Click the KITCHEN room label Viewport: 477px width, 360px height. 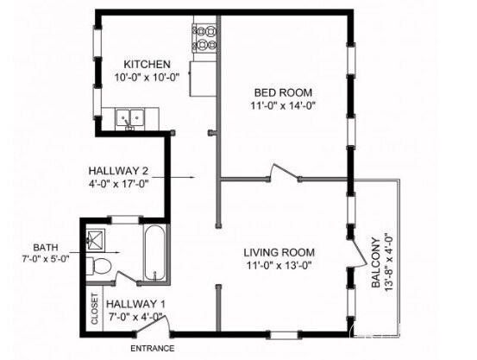pyautogui.click(x=147, y=65)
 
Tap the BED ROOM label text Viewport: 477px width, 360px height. pyautogui.click(x=283, y=92)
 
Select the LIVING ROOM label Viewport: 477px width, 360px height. pyautogui.click(x=279, y=252)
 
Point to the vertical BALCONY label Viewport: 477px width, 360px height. pyautogui.click(x=376, y=262)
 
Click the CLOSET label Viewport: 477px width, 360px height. pyautogui.click(x=95, y=309)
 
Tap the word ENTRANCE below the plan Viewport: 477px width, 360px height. pyautogui.click(x=153, y=349)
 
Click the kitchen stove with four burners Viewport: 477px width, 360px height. pyautogui.click(x=204, y=39)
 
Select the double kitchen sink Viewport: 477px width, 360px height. pyautogui.click(x=129, y=118)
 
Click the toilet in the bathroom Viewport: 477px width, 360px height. pyautogui.click(x=98, y=267)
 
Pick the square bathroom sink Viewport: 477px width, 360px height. pyautogui.click(x=95, y=240)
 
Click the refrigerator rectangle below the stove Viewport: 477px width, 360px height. pyautogui.click(x=204, y=79)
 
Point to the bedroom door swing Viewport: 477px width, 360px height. pyautogui.click(x=284, y=173)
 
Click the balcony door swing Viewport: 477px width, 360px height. pyautogui.click(x=358, y=252)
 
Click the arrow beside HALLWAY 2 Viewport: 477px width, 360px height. pyautogui.click(x=173, y=177)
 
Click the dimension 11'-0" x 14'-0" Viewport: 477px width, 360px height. pyautogui.click(x=283, y=106)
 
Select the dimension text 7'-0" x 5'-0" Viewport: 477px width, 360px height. pyautogui.click(x=46, y=259)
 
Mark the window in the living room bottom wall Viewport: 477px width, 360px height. pyautogui.click(x=284, y=335)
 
